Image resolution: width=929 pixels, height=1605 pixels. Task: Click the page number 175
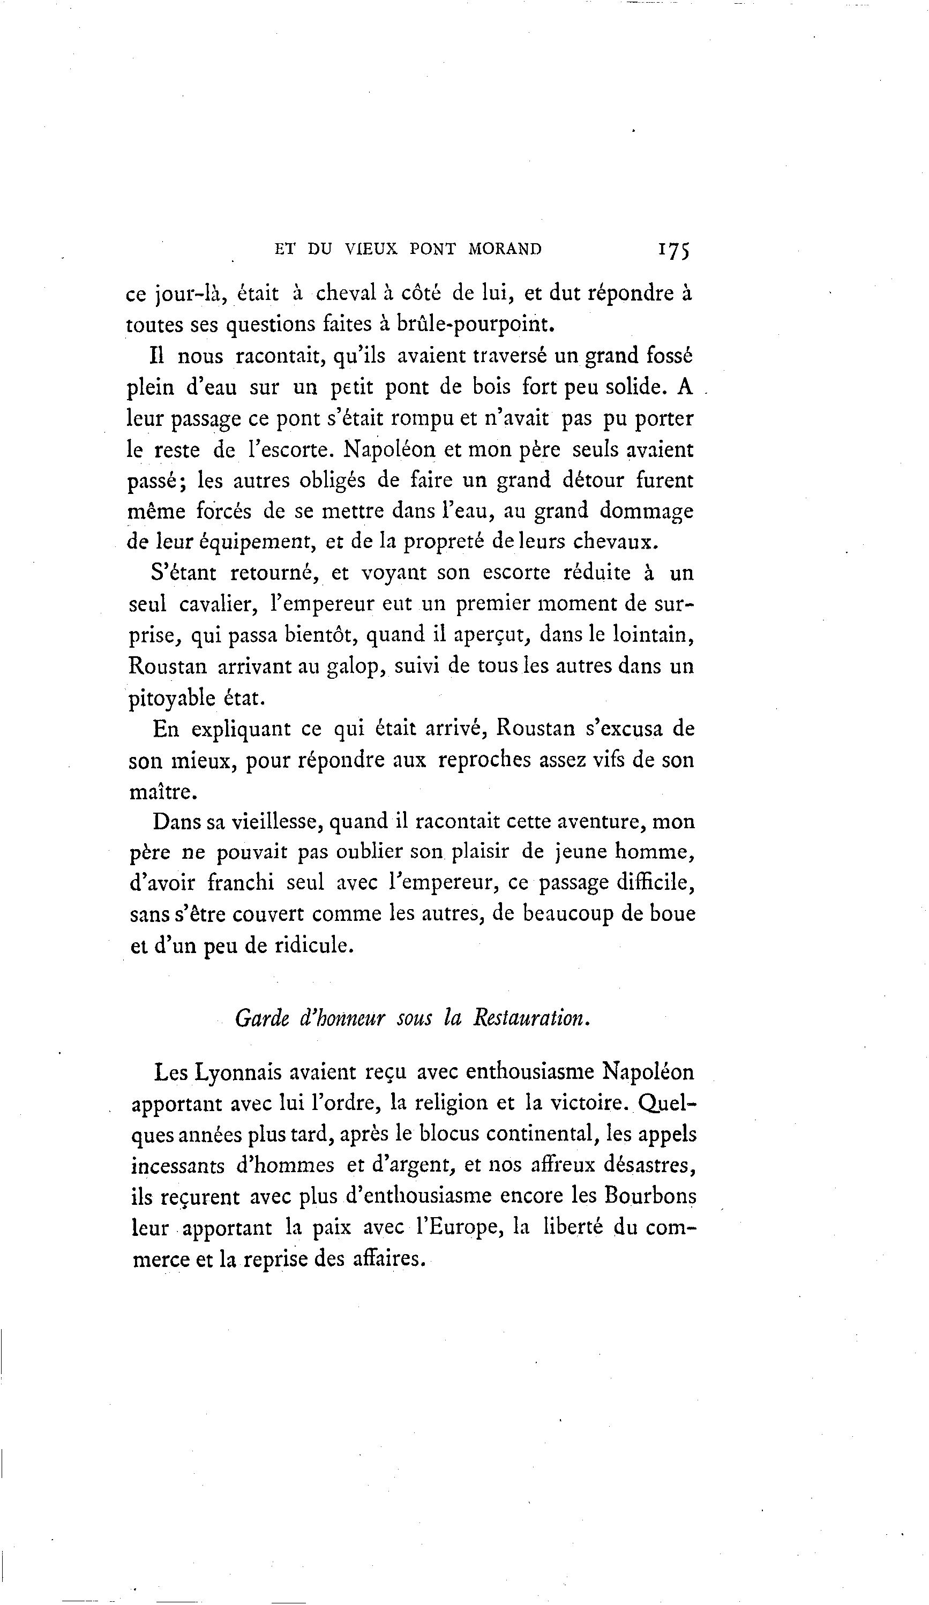(673, 249)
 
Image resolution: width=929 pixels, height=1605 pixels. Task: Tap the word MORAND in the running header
(504, 249)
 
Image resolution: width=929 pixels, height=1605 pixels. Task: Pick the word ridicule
(313, 945)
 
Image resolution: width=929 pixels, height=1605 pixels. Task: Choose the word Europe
(460, 1227)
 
